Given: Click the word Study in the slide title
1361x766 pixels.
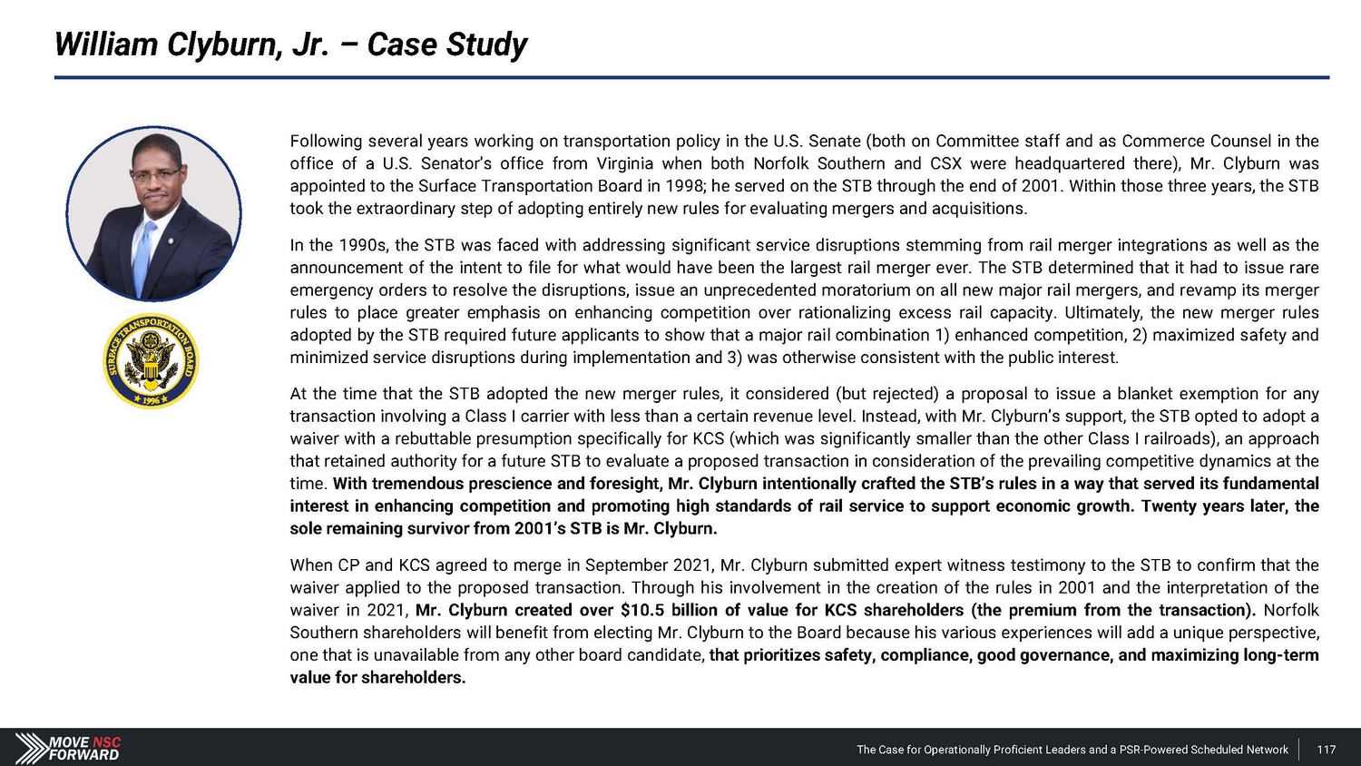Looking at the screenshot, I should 487,44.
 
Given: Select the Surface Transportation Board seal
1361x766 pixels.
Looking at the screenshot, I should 151,360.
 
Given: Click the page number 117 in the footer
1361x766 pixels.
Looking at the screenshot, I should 1326,750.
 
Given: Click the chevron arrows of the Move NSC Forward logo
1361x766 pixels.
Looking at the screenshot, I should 32,748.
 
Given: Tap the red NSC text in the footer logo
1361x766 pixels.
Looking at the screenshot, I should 106,741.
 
